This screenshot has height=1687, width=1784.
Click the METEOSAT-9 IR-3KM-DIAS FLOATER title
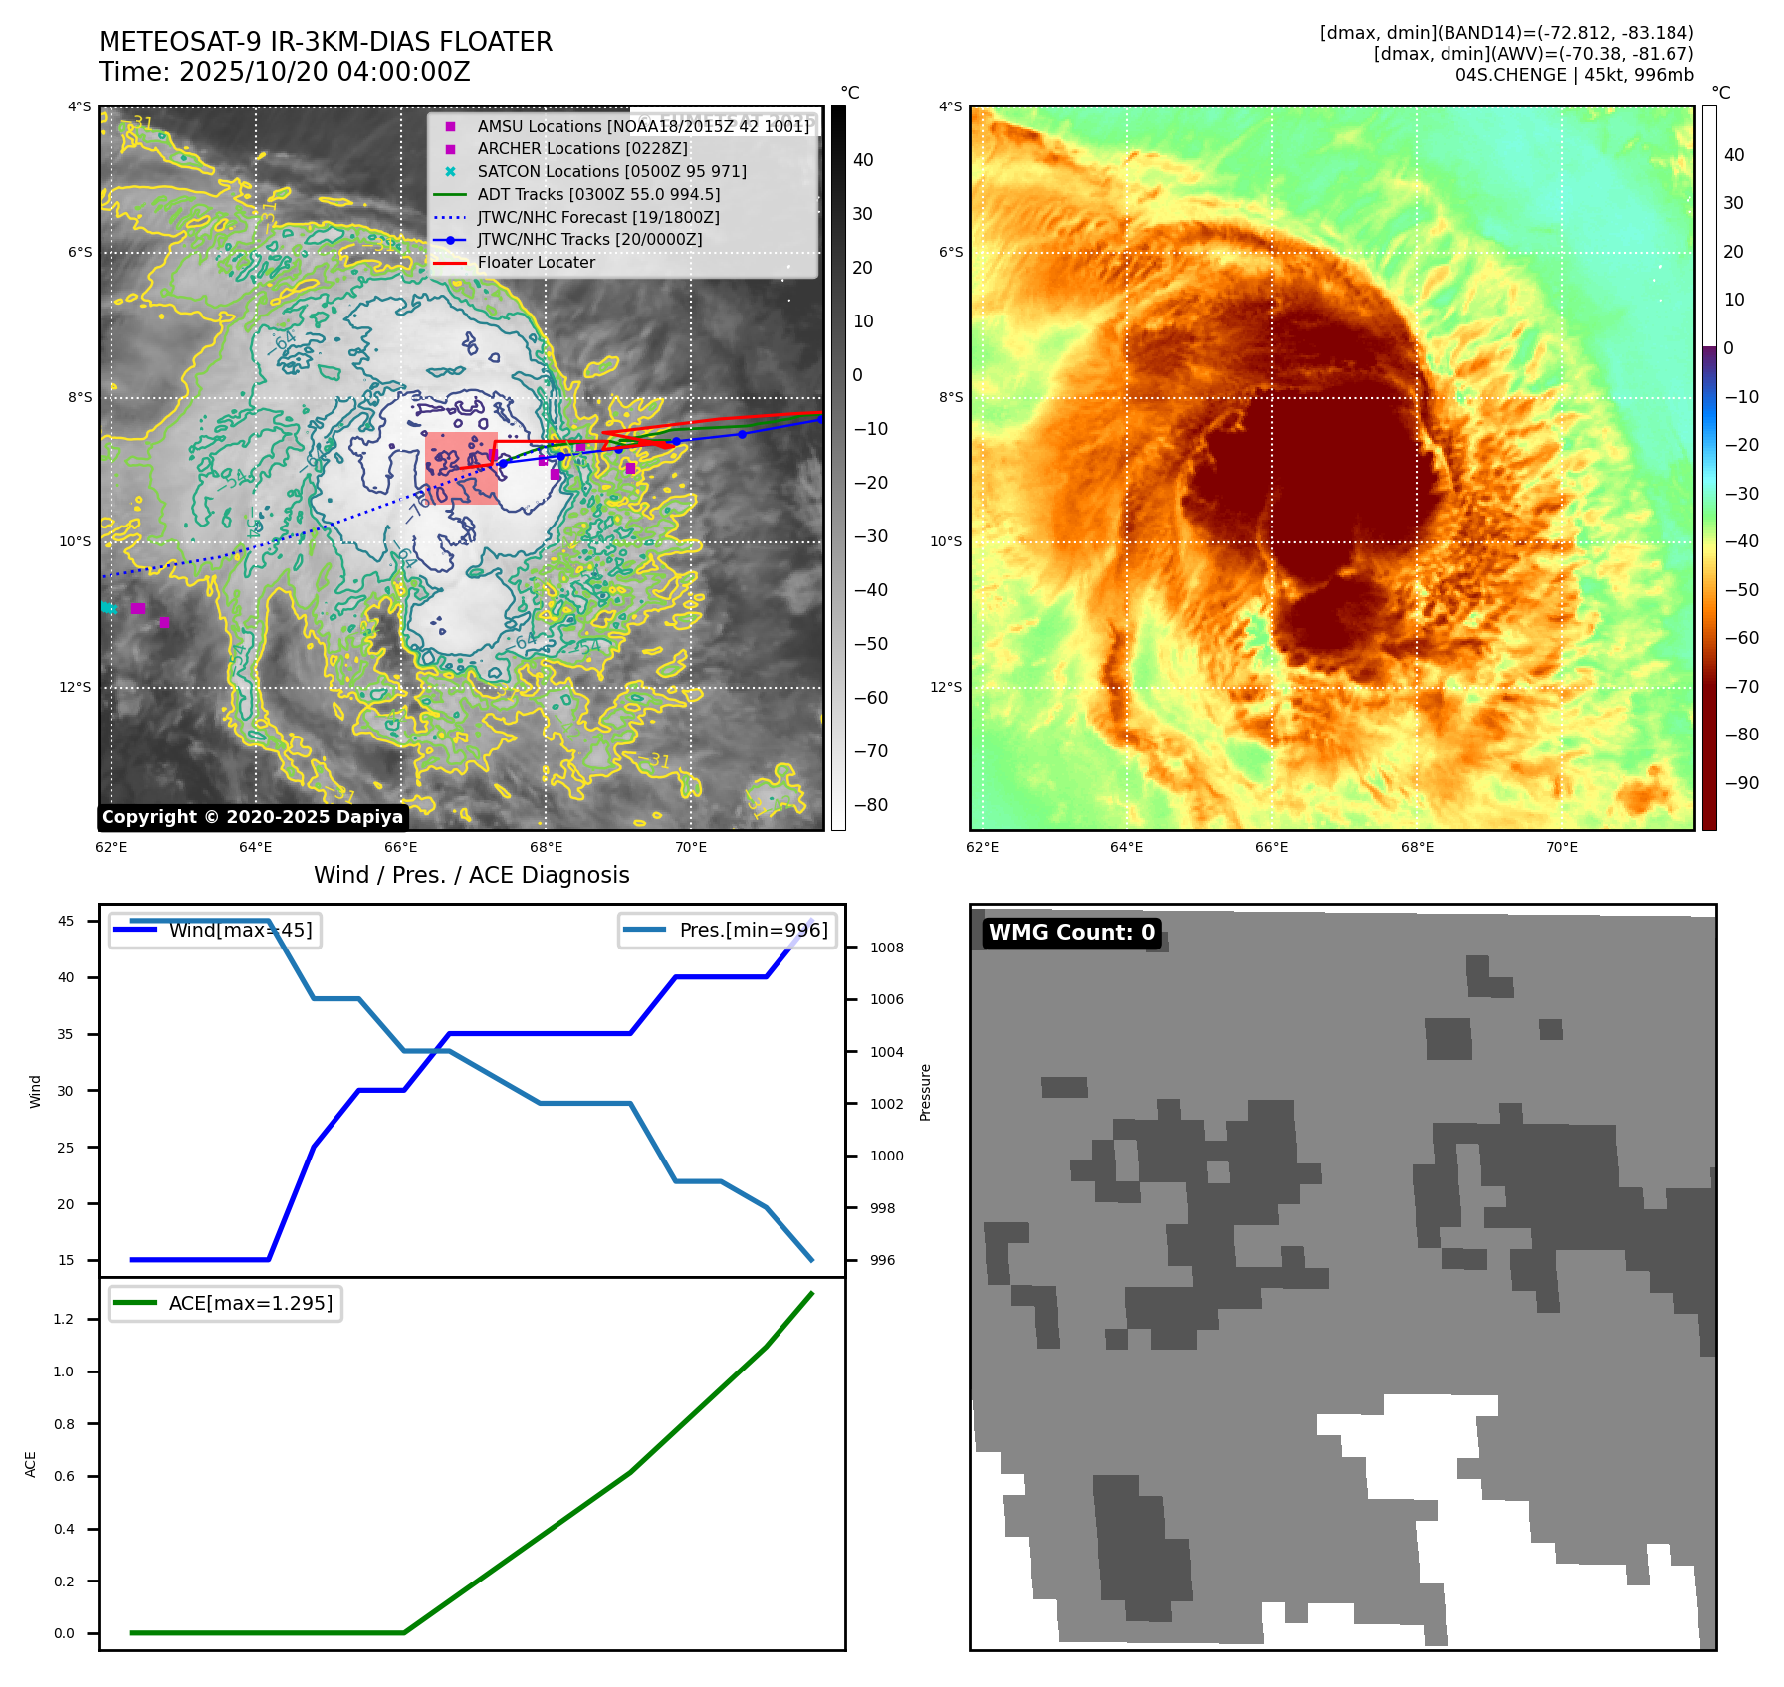[x=326, y=42]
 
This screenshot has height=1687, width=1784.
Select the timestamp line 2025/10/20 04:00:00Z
[x=284, y=72]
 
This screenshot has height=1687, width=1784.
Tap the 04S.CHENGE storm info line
[x=1574, y=75]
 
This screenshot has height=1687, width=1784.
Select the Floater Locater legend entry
[x=536, y=262]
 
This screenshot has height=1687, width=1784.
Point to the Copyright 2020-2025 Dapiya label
[x=252, y=817]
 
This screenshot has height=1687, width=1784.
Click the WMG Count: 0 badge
[x=1071, y=933]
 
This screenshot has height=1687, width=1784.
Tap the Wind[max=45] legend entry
[x=240, y=930]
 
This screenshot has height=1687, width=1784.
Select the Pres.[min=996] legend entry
[x=753, y=930]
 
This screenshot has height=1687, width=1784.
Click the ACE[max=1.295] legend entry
[x=250, y=1303]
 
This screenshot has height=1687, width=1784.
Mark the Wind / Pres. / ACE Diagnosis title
[x=471, y=875]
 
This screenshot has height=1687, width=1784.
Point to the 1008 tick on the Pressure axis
[x=886, y=948]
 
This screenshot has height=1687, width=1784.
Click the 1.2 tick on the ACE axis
[x=64, y=1319]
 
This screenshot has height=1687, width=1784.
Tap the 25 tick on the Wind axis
[x=66, y=1148]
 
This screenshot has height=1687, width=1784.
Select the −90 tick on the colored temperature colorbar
[x=1741, y=783]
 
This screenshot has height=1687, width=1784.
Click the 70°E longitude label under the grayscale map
[x=691, y=847]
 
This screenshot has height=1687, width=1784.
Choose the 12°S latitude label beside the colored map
[x=946, y=687]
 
